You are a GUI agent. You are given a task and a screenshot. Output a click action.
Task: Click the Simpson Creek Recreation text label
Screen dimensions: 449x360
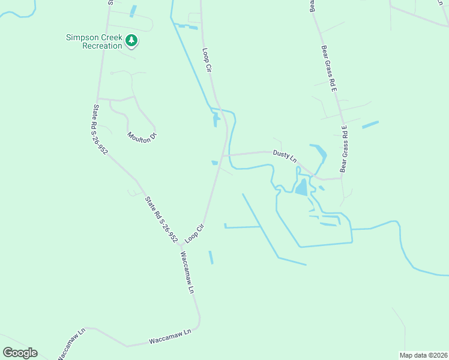click(x=94, y=42)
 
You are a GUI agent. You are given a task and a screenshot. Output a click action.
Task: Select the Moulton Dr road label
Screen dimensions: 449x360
click(x=142, y=136)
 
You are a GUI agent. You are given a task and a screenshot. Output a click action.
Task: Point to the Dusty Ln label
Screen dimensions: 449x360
click(x=285, y=156)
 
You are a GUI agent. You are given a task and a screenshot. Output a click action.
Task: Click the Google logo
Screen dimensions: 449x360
click(x=20, y=352)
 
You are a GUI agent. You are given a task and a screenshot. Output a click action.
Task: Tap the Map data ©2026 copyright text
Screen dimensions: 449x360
click(x=424, y=355)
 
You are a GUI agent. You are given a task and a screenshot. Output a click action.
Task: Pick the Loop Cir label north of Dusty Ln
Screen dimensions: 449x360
click(x=208, y=60)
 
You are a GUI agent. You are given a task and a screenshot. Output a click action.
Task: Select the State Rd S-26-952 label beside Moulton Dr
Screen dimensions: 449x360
click(x=100, y=130)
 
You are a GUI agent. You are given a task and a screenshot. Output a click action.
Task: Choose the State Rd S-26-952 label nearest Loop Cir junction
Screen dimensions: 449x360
click(x=161, y=219)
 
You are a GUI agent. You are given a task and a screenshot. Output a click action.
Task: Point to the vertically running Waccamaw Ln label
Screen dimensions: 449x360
click(x=186, y=271)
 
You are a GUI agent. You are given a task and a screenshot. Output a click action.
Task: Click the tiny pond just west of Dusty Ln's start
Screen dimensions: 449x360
click(x=215, y=163)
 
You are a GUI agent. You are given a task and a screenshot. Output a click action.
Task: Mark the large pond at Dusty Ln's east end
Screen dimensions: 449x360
click(x=301, y=188)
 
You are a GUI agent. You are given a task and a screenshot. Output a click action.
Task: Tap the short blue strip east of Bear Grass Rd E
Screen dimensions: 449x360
click(x=370, y=125)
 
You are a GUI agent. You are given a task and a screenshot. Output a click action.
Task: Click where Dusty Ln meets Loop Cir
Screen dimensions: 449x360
click(x=223, y=155)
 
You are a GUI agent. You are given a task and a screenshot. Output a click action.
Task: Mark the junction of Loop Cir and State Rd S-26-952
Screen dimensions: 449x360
click(x=180, y=245)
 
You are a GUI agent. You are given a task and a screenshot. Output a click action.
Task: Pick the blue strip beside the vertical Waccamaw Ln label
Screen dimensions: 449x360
click(x=211, y=257)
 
